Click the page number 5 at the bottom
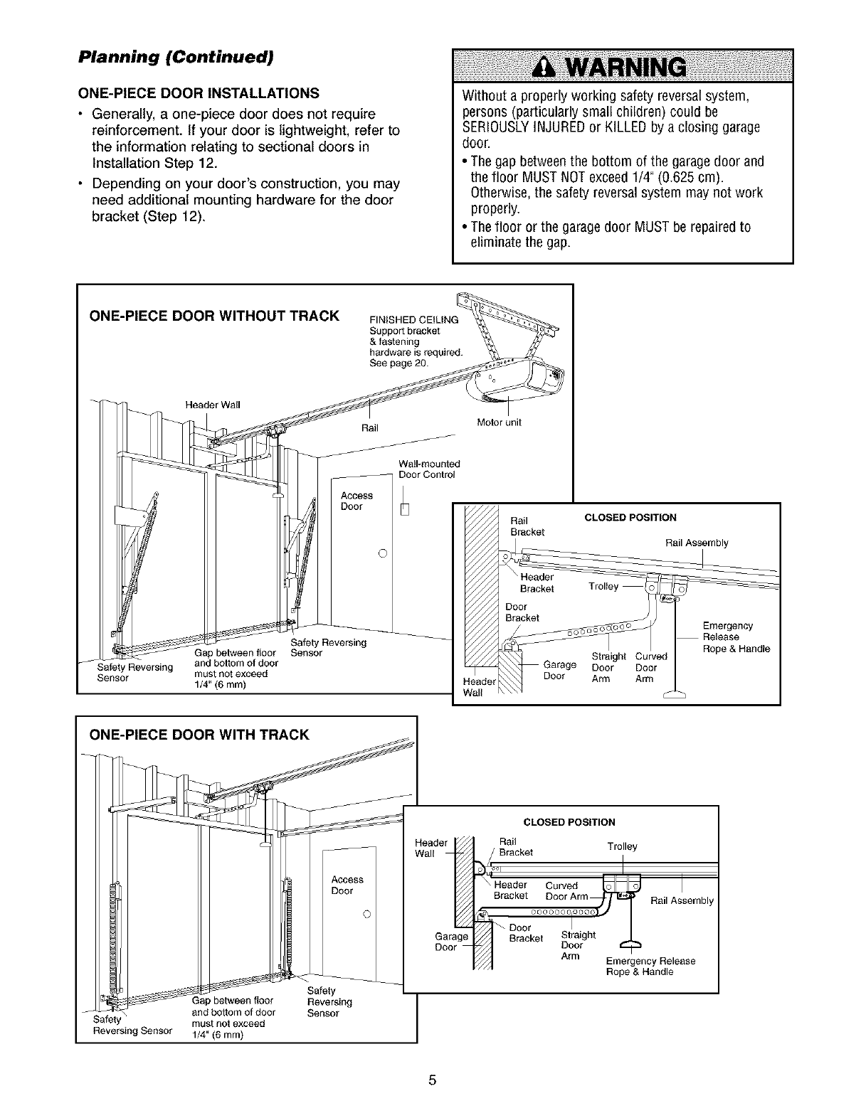pos(431,1081)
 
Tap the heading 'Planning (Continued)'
pos(175,57)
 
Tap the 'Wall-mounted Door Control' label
pos(428,469)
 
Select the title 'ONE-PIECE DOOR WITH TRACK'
pos(199,735)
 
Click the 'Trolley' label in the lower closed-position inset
pos(623,846)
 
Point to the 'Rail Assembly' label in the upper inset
pos(697,543)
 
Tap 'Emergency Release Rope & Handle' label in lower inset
pos(650,967)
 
